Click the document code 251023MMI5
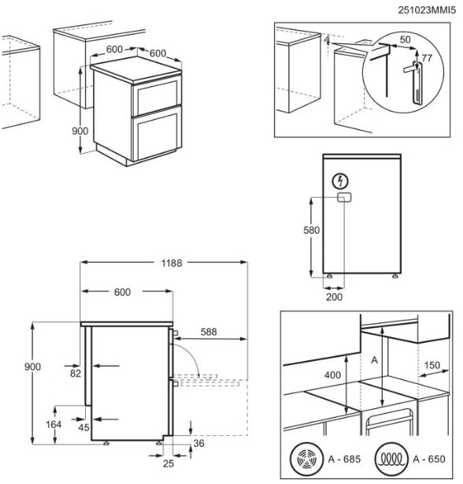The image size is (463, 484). tap(427, 10)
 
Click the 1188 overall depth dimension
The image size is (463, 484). tap(172, 263)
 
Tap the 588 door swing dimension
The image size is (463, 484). tap(209, 332)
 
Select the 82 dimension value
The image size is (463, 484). tap(76, 374)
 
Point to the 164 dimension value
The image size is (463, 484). tap(54, 424)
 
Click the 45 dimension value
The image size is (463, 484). tap(83, 428)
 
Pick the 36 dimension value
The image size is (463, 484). tap(199, 444)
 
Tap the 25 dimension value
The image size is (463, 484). tap(169, 464)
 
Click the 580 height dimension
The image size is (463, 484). tap(311, 230)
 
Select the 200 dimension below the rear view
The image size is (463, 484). tap(334, 297)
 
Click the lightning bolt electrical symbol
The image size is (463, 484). tap(341, 181)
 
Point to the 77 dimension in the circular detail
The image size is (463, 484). tap(427, 58)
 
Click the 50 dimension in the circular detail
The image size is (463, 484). tap(405, 40)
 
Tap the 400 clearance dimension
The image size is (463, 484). tap(332, 375)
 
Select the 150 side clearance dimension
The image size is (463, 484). tap(432, 366)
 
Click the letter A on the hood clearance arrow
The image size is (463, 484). tap(374, 360)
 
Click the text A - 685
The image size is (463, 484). tap(344, 460)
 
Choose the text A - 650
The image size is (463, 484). tap(429, 460)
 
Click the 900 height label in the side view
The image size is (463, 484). tap(32, 367)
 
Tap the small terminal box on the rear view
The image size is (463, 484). tap(344, 197)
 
